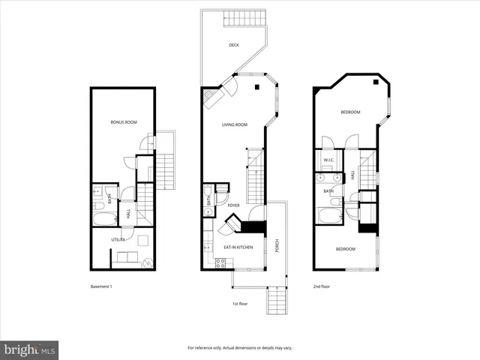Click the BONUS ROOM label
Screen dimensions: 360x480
(x=123, y=121)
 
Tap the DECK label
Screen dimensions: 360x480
(x=234, y=46)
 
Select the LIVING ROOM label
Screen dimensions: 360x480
(x=234, y=125)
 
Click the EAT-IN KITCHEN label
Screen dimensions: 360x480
(x=238, y=247)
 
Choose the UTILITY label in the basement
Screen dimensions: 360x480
(x=118, y=239)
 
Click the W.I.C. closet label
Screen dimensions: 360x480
(x=328, y=160)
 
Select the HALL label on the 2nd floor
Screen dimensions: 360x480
(x=353, y=175)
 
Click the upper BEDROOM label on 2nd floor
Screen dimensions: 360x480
(x=350, y=112)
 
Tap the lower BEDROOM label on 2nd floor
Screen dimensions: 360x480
(x=345, y=249)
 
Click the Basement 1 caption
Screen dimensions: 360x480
(x=100, y=286)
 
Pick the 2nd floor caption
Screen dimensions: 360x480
(x=321, y=286)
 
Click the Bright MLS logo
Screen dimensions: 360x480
(x=30, y=349)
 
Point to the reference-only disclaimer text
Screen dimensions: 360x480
(x=240, y=348)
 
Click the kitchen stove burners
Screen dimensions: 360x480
(x=220, y=262)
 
